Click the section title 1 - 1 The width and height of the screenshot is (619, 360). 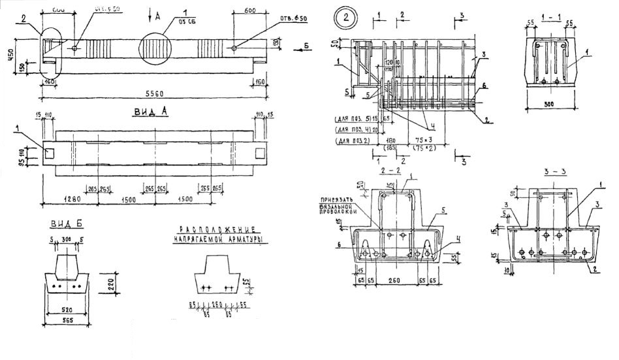[550, 14]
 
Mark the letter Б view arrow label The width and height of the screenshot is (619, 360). [306, 47]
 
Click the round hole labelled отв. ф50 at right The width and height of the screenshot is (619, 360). [233, 48]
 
